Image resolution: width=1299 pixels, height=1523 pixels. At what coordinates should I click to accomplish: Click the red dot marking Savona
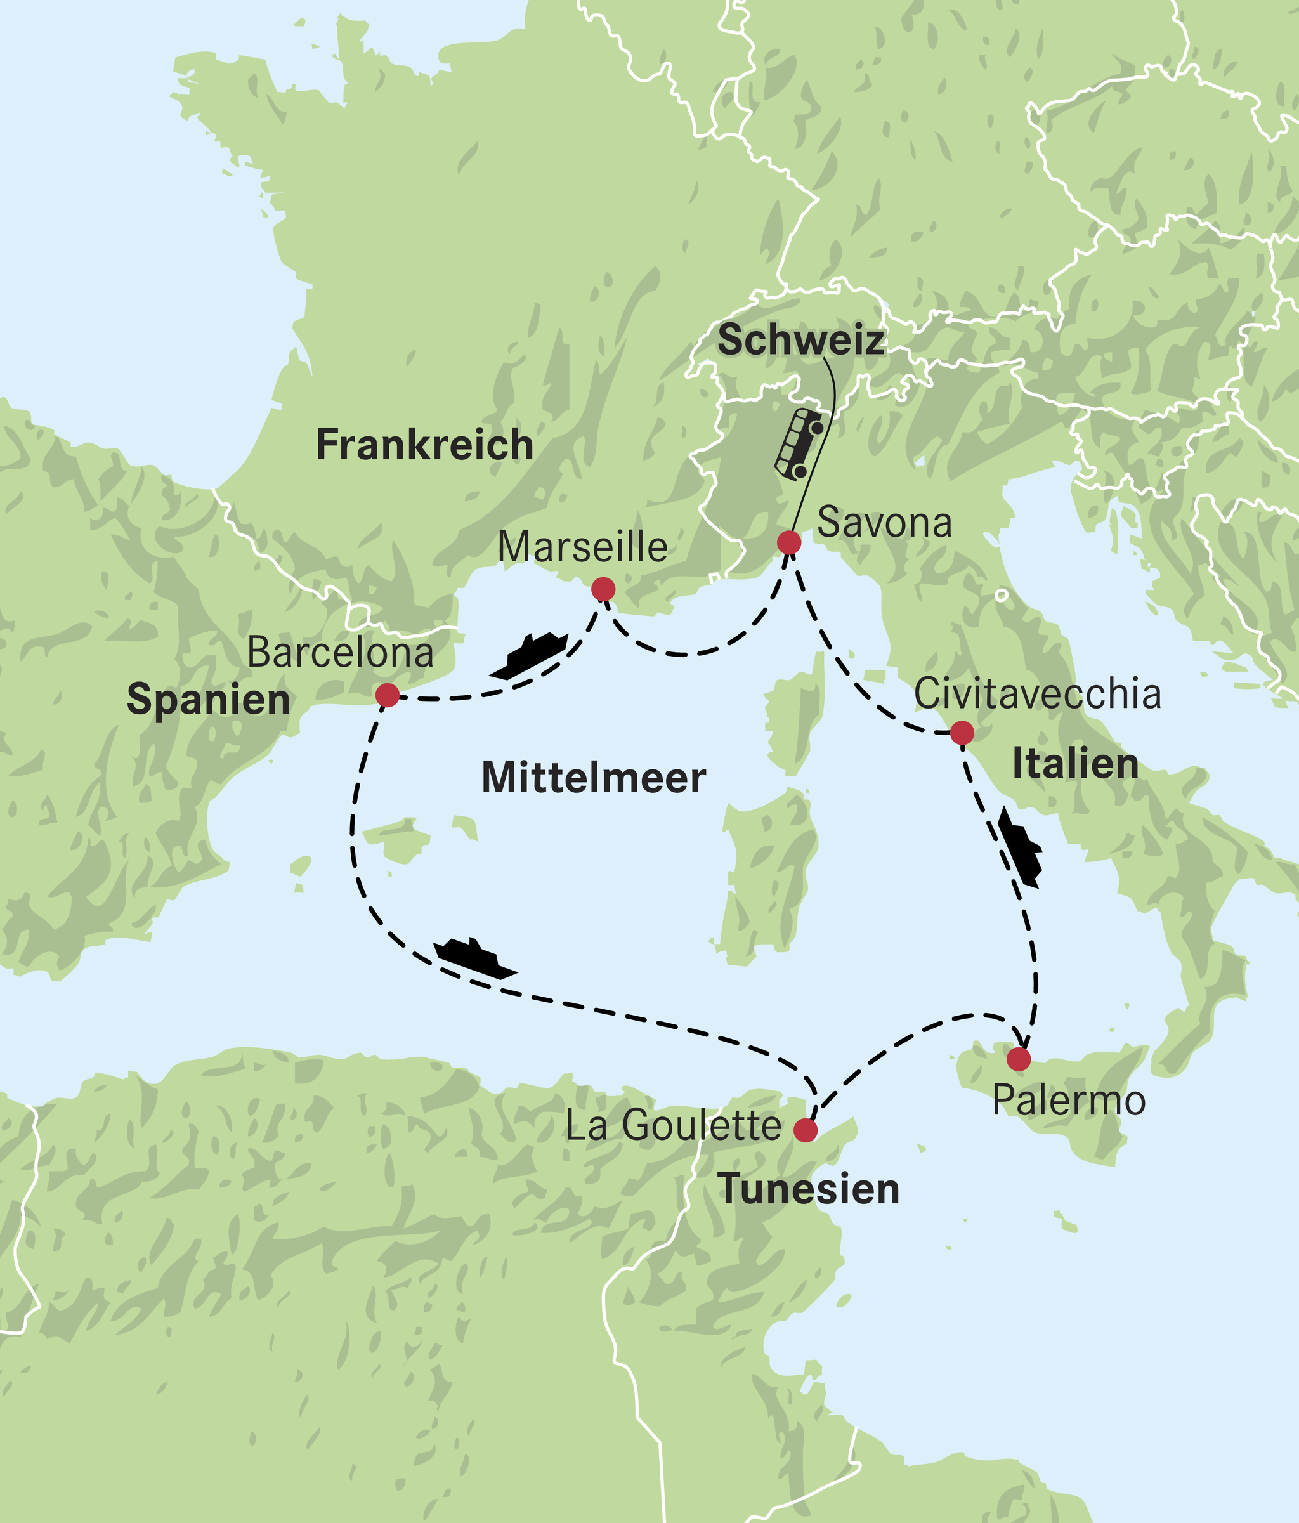tap(789, 543)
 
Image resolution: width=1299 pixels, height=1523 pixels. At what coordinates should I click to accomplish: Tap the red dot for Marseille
tap(603, 589)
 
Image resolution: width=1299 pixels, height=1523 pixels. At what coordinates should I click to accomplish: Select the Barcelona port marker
tap(387, 695)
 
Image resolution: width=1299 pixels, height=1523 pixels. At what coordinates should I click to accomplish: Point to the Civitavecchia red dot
tap(962, 733)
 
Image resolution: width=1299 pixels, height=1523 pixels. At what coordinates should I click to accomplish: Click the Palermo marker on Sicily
tap(1018, 1059)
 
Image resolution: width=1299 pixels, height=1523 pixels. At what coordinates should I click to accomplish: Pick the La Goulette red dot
tap(806, 1130)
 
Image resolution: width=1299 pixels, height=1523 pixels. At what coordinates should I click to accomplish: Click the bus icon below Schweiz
tap(799, 445)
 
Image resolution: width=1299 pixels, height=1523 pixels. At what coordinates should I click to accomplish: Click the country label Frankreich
tap(424, 445)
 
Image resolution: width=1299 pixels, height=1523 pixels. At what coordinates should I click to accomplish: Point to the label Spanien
tap(208, 699)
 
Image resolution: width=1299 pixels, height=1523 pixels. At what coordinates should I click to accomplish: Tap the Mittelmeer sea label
tap(593, 778)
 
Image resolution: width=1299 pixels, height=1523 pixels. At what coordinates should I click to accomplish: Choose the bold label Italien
tap(1074, 764)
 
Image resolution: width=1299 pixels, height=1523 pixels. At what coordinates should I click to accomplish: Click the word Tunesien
tap(808, 1189)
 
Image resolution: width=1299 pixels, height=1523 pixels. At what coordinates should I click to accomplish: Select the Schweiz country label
tap(800, 341)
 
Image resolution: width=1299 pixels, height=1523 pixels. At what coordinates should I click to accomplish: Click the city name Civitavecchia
tap(1037, 694)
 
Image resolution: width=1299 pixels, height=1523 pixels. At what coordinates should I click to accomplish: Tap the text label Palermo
tap(1068, 1101)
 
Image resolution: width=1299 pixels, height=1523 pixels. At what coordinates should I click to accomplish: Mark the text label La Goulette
tap(673, 1126)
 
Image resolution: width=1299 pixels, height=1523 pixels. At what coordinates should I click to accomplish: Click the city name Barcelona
tap(341, 653)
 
